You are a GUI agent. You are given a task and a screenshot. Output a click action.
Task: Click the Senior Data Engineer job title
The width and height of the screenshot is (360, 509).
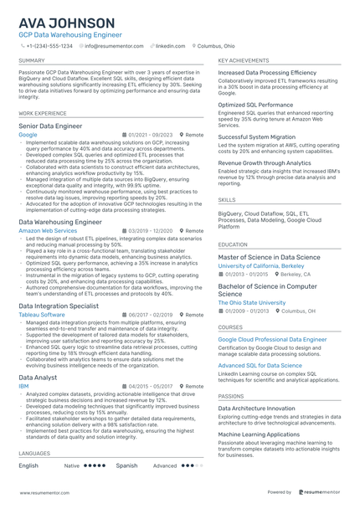pos(50,126)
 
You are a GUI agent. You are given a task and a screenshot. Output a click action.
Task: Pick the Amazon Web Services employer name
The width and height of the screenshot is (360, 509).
pos(48,229)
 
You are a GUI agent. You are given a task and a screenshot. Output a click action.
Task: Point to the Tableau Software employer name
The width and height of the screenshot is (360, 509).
pos(44,314)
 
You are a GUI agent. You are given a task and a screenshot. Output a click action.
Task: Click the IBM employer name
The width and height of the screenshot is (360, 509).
pos(23,386)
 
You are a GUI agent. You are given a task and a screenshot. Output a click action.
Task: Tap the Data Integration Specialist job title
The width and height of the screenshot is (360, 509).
pos(59,306)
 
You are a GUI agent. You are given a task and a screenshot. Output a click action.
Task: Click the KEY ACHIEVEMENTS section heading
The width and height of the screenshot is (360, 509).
pos(244,61)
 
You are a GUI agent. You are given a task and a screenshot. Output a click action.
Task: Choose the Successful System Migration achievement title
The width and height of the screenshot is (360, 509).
pos(256,136)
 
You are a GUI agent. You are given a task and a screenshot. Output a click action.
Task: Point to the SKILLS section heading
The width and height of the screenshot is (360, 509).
pos(227,200)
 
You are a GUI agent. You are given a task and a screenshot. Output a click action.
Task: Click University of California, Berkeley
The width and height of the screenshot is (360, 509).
pos(261,265)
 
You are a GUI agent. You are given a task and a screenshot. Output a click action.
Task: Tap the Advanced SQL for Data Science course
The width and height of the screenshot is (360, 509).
pos(260,366)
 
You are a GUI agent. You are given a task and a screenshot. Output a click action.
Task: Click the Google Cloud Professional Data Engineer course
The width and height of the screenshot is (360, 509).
pos(272,339)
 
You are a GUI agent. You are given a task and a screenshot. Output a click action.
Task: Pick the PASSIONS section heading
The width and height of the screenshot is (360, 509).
pos(231,396)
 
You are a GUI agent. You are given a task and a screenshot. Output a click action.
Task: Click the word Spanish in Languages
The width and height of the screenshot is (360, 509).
pos(126,465)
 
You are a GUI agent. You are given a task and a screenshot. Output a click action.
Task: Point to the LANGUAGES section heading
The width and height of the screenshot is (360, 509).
pos(34,453)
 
